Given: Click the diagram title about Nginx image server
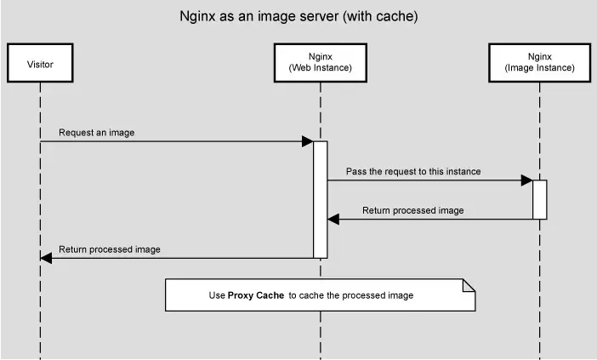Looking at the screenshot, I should tap(298, 16).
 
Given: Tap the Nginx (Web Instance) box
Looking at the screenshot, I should tap(320, 62).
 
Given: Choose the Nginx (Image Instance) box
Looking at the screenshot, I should tap(539, 62).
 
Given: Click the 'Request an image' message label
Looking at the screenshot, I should tap(96, 133).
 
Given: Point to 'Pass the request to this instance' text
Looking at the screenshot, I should tap(413, 171).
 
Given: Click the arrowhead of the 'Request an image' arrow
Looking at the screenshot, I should tap(308, 141).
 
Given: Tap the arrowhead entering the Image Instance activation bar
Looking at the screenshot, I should tap(527, 180).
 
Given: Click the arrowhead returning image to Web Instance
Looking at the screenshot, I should tap(333, 220).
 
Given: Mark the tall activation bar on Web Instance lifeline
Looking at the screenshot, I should tap(320, 199).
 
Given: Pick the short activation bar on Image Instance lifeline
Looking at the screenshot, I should tap(539, 199).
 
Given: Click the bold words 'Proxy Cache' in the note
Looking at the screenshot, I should tap(256, 295).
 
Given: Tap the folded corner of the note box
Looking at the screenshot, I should tap(468, 284).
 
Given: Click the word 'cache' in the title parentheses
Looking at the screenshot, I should tap(397, 16).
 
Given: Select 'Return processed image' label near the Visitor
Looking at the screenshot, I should tap(109, 249).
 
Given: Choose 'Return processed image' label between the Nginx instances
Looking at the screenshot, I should tap(413, 210).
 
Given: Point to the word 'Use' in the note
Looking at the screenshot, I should tap(217, 295).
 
